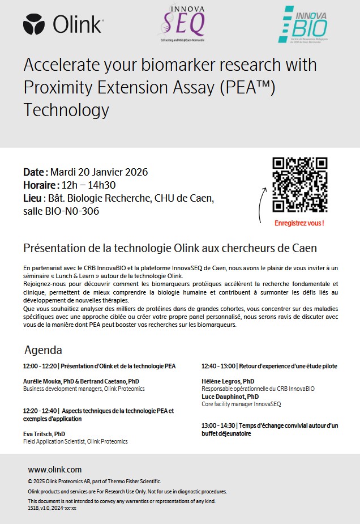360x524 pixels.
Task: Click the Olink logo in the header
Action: click(x=63, y=24)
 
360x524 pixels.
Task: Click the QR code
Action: click(x=299, y=185)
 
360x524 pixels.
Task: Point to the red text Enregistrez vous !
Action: click(x=299, y=223)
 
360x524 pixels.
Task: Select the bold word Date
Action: click(x=35, y=172)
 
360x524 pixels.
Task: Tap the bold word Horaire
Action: click(x=40, y=185)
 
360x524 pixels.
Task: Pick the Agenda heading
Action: click(x=43, y=350)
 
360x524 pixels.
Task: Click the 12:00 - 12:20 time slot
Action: click(x=40, y=366)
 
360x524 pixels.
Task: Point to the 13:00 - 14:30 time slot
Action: click(x=218, y=425)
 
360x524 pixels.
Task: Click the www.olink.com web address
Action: click(x=55, y=470)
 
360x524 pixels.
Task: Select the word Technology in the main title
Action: click(x=66, y=109)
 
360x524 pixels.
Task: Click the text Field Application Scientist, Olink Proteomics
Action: click(x=75, y=441)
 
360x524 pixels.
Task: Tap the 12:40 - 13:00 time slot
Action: click(x=218, y=366)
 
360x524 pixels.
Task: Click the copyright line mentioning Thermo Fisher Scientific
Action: click(x=95, y=481)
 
